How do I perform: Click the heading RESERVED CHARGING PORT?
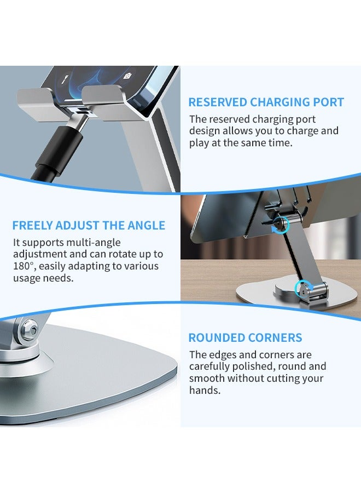(x=266, y=102)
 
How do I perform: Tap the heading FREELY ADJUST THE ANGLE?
(x=89, y=225)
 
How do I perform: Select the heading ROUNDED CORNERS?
(x=246, y=338)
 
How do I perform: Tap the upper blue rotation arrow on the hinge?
(x=281, y=223)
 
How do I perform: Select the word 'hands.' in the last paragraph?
(x=205, y=391)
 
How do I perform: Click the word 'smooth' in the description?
(x=207, y=379)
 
